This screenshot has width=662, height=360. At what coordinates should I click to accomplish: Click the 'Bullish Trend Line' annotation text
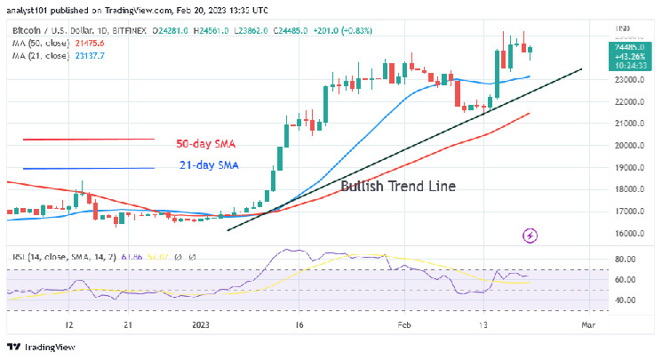tap(398, 187)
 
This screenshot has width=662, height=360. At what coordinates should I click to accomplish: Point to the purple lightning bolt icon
tap(531, 236)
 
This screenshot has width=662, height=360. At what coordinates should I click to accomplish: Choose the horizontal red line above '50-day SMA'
tap(89, 139)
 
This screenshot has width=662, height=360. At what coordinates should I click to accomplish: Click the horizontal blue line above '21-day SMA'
tap(89, 168)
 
